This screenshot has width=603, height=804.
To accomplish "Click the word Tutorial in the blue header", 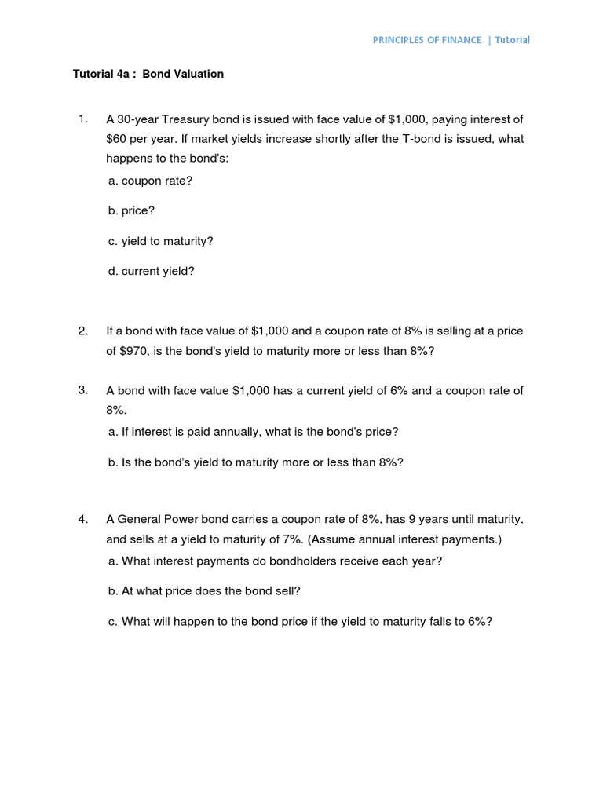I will (x=512, y=40).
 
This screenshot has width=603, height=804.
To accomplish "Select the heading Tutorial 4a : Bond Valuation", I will (x=148, y=74).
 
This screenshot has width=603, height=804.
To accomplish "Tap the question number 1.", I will (x=82, y=119).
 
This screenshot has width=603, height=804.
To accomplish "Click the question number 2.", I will (x=82, y=331).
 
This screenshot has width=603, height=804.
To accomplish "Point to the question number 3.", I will (x=82, y=390).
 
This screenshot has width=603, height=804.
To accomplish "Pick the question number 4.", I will (x=82, y=519).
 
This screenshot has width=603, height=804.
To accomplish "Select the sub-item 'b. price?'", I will (x=132, y=211).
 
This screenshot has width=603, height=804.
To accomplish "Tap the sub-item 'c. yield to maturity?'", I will (x=161, y=241).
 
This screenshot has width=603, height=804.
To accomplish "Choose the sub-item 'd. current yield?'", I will (x=152, y=272).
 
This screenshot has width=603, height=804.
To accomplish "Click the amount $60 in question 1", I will (x=116, y=139).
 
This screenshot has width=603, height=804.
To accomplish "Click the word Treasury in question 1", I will (x=183, y=119).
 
